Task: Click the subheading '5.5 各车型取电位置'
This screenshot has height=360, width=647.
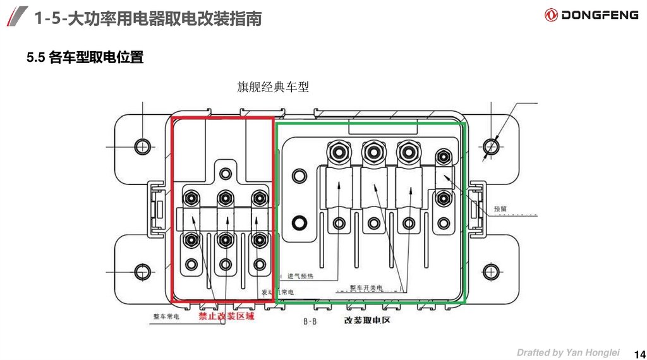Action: tap(85, 59)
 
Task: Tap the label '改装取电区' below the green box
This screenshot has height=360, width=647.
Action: tap(368, 320)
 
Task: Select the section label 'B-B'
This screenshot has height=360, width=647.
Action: tap(310, 321)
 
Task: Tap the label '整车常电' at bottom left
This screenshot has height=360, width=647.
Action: tap(166, 316)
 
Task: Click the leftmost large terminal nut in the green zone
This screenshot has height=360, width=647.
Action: tap(337, 153)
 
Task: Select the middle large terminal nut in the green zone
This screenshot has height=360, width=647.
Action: tap(372, 153)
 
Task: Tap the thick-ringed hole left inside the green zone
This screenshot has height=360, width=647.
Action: tap(299, 222)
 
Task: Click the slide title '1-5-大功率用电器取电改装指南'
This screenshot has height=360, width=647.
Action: tap(148, 19)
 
